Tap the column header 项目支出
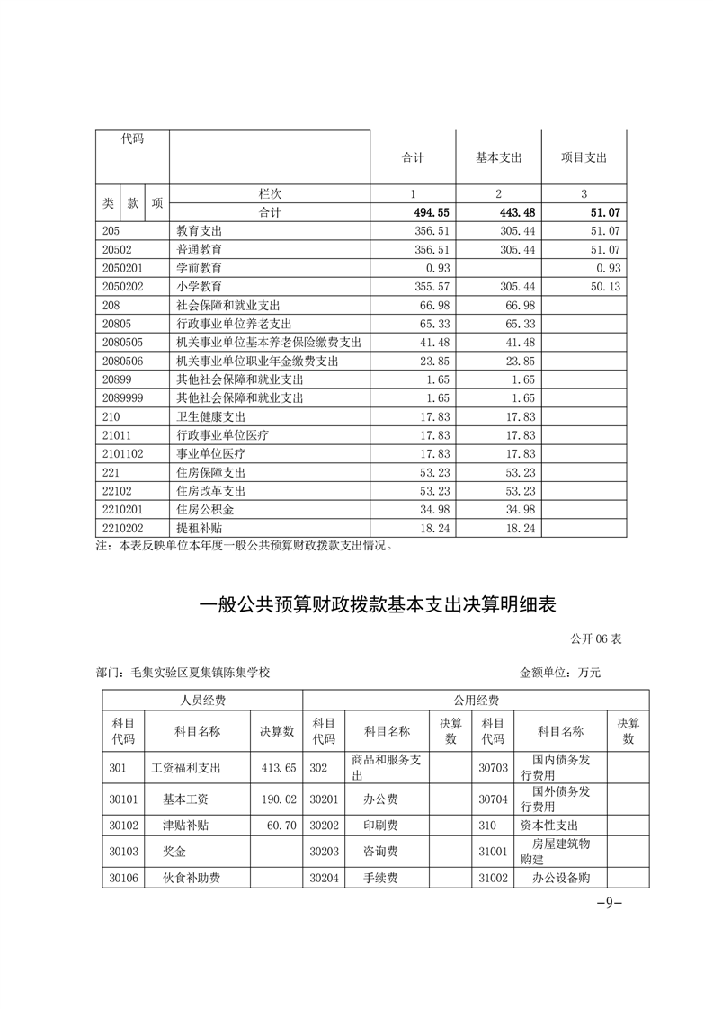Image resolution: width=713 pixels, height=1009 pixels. click(x=584, y=157)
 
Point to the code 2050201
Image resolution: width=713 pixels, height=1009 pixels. click(x=123, y=268)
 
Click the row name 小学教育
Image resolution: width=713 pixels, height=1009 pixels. click(x=200, y=287)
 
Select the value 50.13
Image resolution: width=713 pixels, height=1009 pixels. click(x=602, y=287)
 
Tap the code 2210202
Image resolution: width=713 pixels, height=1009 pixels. click(x=123, y=529)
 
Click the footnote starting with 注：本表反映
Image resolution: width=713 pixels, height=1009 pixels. click(x=244, y=546)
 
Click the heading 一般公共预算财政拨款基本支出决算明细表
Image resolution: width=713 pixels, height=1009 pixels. click(x=378, y=605)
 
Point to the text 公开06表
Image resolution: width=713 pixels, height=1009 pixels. click(x=595, y=639)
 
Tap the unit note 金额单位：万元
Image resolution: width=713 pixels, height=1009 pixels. click(x=559, y=672)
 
